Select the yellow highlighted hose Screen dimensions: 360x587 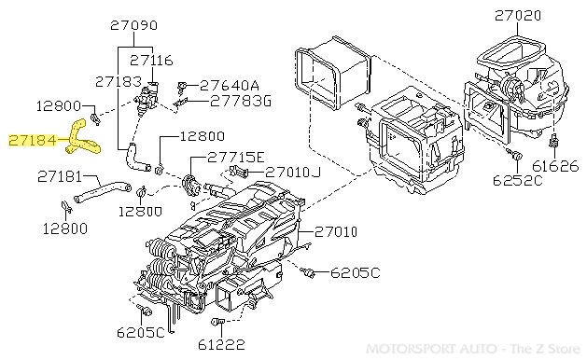(x=81, y=132)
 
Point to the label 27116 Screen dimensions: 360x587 (x=151, y=60)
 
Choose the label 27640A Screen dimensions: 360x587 (x=229, y=84)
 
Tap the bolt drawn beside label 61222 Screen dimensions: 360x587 (x=216, y=323)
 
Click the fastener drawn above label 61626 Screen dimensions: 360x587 (x=555, y=143)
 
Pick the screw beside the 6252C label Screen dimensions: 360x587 (x=512, y=153)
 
